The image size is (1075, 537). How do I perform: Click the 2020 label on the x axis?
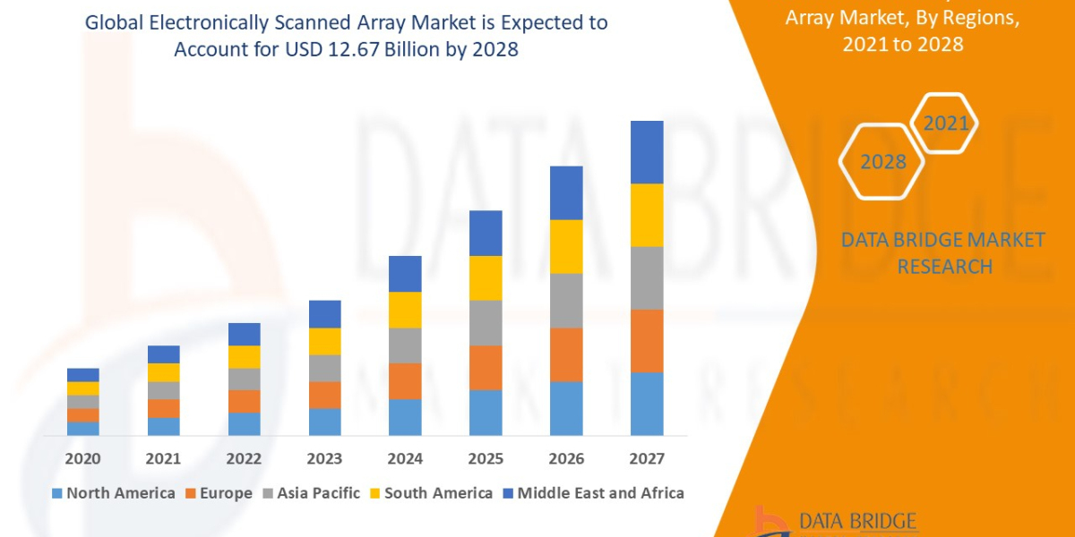(82, 459)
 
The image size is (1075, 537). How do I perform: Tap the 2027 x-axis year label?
(647, 459)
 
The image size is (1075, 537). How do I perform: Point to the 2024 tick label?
(405, 459)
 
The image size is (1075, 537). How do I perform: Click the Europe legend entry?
(220, 493)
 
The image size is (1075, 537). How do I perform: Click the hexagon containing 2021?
(944, 124)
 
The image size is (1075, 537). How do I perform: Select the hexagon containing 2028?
(882, 162)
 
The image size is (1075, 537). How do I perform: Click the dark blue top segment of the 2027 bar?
(647, 152)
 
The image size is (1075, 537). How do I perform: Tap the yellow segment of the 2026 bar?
(566, 246)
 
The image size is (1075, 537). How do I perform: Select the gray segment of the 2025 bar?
(486, 322)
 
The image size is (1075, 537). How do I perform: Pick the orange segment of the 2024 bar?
(405, 380)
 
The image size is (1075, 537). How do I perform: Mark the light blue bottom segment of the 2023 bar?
(324, 422)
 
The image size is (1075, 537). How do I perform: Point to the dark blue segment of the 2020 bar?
(82, 374)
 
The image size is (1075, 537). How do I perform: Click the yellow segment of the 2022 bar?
(244, 356)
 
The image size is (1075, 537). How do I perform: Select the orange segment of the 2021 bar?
(163, 408)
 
